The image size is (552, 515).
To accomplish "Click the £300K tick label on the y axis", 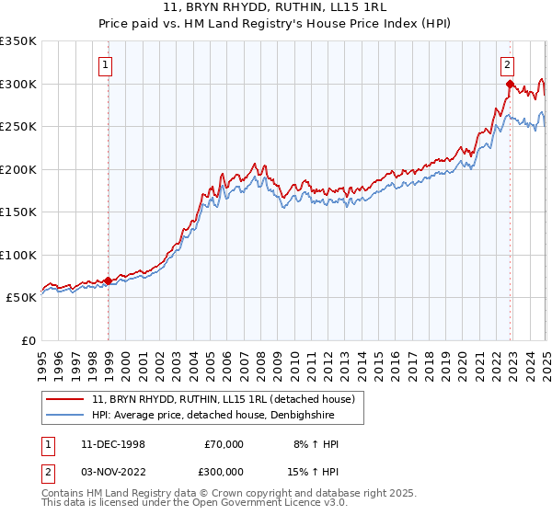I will click(18, 84).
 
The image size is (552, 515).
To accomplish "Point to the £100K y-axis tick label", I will click(18, 255).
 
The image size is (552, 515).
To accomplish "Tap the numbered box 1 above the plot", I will click(107, 64).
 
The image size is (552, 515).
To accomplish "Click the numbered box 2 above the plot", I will click(508, 64).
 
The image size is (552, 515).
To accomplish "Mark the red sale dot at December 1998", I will click(109, 280).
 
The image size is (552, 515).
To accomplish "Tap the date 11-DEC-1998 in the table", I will click(113, 444).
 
